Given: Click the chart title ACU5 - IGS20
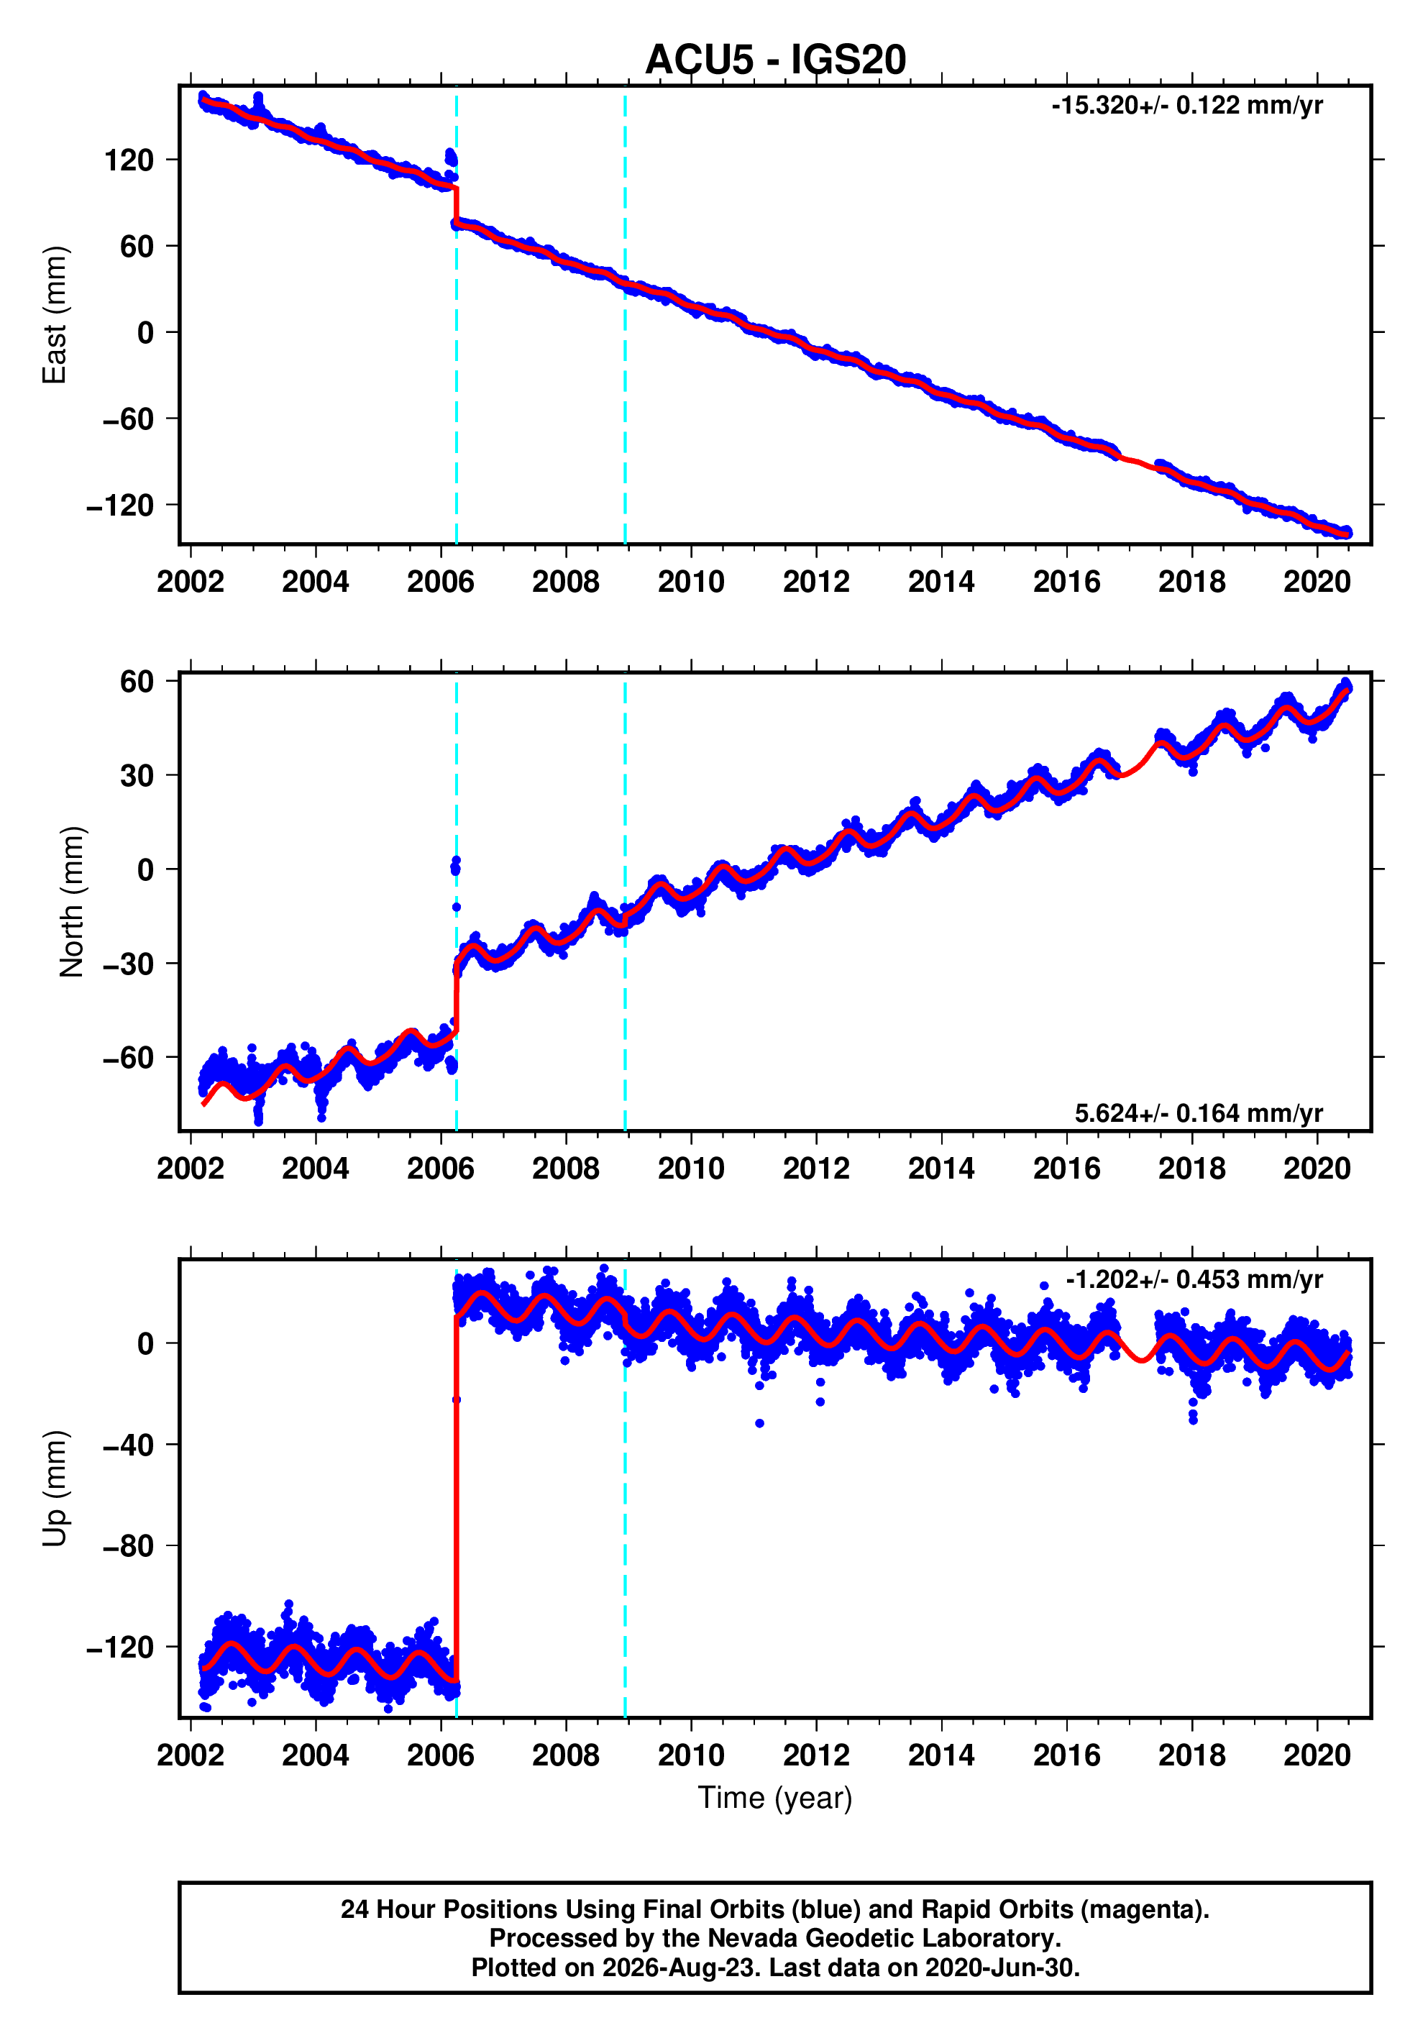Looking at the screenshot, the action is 775,60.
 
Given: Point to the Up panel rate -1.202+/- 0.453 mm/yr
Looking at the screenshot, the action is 1194,1279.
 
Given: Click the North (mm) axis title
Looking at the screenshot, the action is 72,902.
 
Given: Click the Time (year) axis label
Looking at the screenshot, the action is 775,1797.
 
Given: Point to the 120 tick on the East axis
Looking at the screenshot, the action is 129,160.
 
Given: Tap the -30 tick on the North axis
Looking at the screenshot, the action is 128,964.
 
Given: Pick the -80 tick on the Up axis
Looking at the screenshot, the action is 128,1546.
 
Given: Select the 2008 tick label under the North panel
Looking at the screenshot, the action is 565,1169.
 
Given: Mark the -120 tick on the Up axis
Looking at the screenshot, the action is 121,1648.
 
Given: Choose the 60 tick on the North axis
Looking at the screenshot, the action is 137,682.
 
